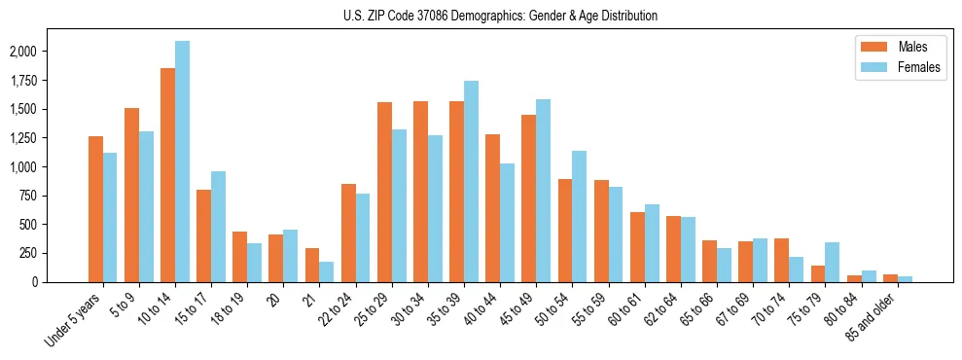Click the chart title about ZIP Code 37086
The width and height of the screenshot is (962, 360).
coord(500,16)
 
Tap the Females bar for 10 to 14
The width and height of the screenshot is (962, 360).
coord(182,162)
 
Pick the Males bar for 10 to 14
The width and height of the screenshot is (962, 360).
coord(167,175)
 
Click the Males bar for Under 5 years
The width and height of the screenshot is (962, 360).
coord(95,209)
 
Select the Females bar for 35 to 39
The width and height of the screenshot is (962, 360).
coord(471,181)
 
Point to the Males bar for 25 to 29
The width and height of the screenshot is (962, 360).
coord(384,192)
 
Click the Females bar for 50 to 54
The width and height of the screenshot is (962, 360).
coord(580,216)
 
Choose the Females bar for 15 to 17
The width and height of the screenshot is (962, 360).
coord(218,227)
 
